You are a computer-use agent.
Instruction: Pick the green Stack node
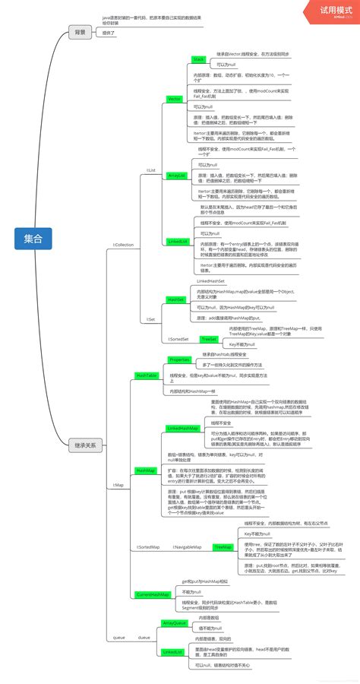coord(199,59)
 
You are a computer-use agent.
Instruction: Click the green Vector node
coord(174,99)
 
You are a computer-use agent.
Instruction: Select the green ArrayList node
coord(176,175)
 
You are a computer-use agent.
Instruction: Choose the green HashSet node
coord(175,300)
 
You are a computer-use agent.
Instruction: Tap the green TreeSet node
coord(209,338)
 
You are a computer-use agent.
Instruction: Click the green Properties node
coord(179,359)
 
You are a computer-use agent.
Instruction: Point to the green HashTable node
coord(147,375)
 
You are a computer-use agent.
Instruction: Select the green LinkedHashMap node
coord(182,429)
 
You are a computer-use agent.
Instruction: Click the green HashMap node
coord(145,470)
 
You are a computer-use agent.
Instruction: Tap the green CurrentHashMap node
coord(152,594)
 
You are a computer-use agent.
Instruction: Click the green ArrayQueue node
coord(174,622)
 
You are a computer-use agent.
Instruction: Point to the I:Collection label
coord(122,245)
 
